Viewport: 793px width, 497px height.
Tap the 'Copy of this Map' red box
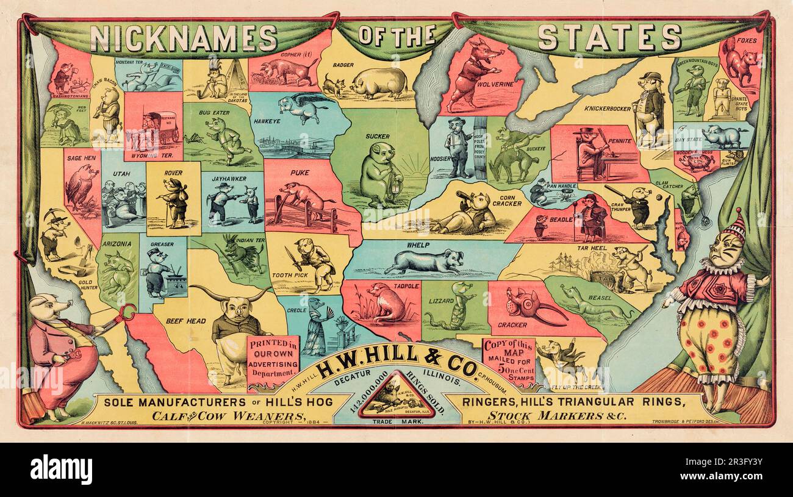pos(508,360)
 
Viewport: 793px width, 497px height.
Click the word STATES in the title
pos(609,37)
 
